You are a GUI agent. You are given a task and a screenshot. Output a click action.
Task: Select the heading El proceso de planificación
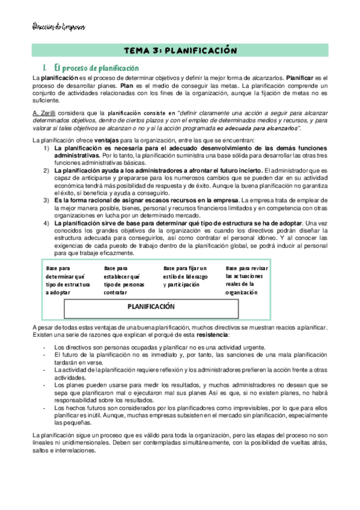pos(96,69)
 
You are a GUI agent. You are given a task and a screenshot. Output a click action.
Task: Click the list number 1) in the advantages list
pos(46,148)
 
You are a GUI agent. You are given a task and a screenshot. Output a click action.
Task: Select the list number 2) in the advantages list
pos(46,170)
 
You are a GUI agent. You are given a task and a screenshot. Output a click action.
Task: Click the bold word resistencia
pos(210,334)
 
